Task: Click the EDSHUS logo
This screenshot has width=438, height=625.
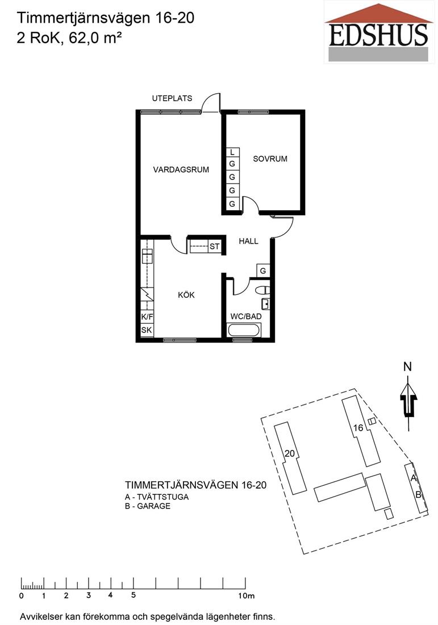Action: click(x=378, y=32)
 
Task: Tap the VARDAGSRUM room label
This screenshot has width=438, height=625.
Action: click(x=181, y=170)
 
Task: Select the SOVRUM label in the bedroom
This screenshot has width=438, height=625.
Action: click(x=270, y=159)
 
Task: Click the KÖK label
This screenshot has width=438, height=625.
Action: click(x=186, y=295)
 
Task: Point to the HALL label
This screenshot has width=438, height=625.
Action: click(x=248, y=241)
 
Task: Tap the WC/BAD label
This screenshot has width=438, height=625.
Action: click(x=247, y=316)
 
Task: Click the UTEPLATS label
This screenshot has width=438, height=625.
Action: click(x=172, y=98)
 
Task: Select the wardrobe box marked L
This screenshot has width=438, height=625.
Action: click(x=232, y=152)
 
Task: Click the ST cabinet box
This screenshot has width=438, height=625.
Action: click(x=214, y=247)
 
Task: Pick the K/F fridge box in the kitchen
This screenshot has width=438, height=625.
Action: click(x=147, y=317)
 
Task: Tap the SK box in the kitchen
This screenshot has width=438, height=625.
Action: click(x=147, y=330)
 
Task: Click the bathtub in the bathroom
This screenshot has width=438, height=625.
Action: click(x=244, y=331)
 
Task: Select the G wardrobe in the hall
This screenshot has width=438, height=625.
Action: click(x=263, y=271)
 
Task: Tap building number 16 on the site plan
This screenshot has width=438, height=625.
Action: click(x=358, y=428)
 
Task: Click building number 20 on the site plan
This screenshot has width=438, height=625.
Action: click(x=290, y=453)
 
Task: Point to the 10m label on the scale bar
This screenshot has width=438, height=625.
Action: click(x=247, y=596)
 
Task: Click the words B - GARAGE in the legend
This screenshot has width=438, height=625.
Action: click(x=148, y=506)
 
